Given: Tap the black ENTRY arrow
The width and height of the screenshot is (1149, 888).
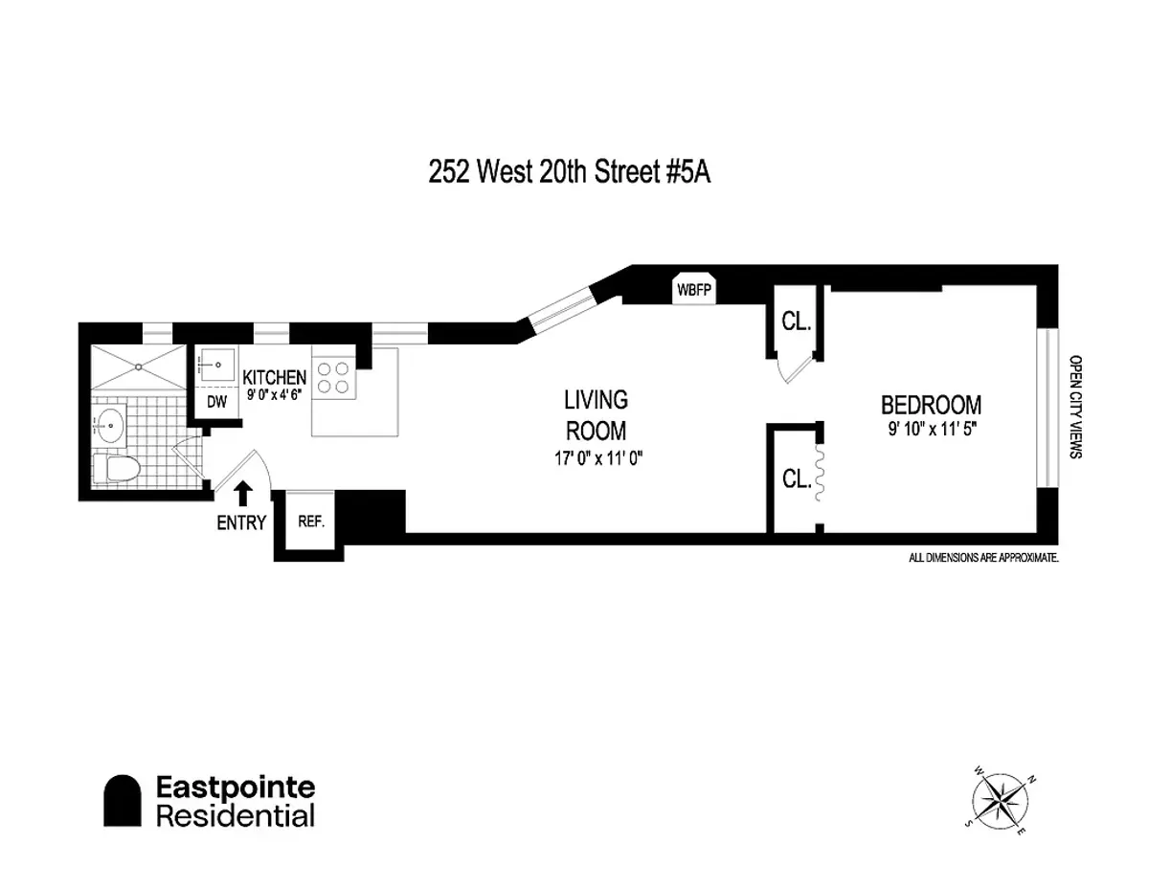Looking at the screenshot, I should (243, 493).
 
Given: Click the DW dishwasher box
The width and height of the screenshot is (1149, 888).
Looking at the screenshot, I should (217, 402).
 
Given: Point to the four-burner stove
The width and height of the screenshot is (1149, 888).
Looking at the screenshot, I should (334, 376).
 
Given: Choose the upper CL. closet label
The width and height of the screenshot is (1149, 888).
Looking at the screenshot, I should (797, 322).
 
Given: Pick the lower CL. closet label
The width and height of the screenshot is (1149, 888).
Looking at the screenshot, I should (797, 478).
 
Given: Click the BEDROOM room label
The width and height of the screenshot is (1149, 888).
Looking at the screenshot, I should (931, 404).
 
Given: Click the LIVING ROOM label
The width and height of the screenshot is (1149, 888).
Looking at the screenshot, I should (595, 413).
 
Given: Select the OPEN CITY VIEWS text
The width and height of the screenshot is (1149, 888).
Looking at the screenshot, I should (1074, 408).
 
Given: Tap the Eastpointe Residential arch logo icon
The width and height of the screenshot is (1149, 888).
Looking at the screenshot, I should (123, 801).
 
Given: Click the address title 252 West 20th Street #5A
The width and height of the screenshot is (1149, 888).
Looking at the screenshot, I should (571, 175).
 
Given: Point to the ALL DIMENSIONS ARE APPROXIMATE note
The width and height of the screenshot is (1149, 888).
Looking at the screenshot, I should (982, 557).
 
